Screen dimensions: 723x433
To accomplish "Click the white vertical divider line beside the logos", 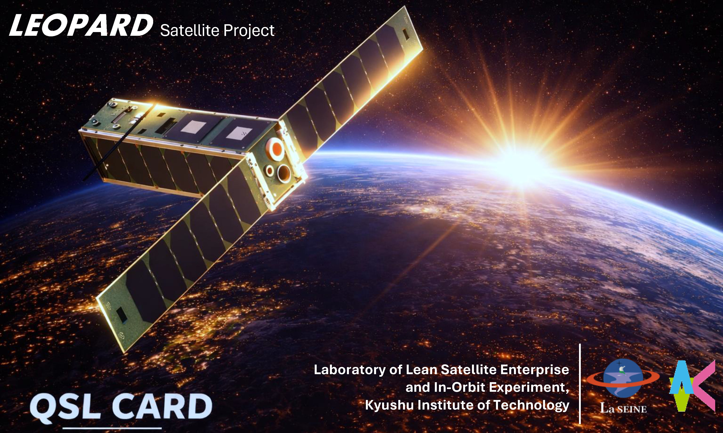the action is point(580,384).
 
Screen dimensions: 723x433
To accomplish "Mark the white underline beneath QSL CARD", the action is point(112,428).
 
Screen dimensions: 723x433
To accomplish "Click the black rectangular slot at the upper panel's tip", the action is point(406,34).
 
